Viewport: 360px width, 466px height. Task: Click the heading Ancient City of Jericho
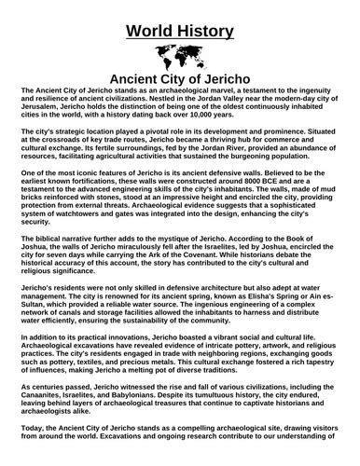[x=181, y=78]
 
